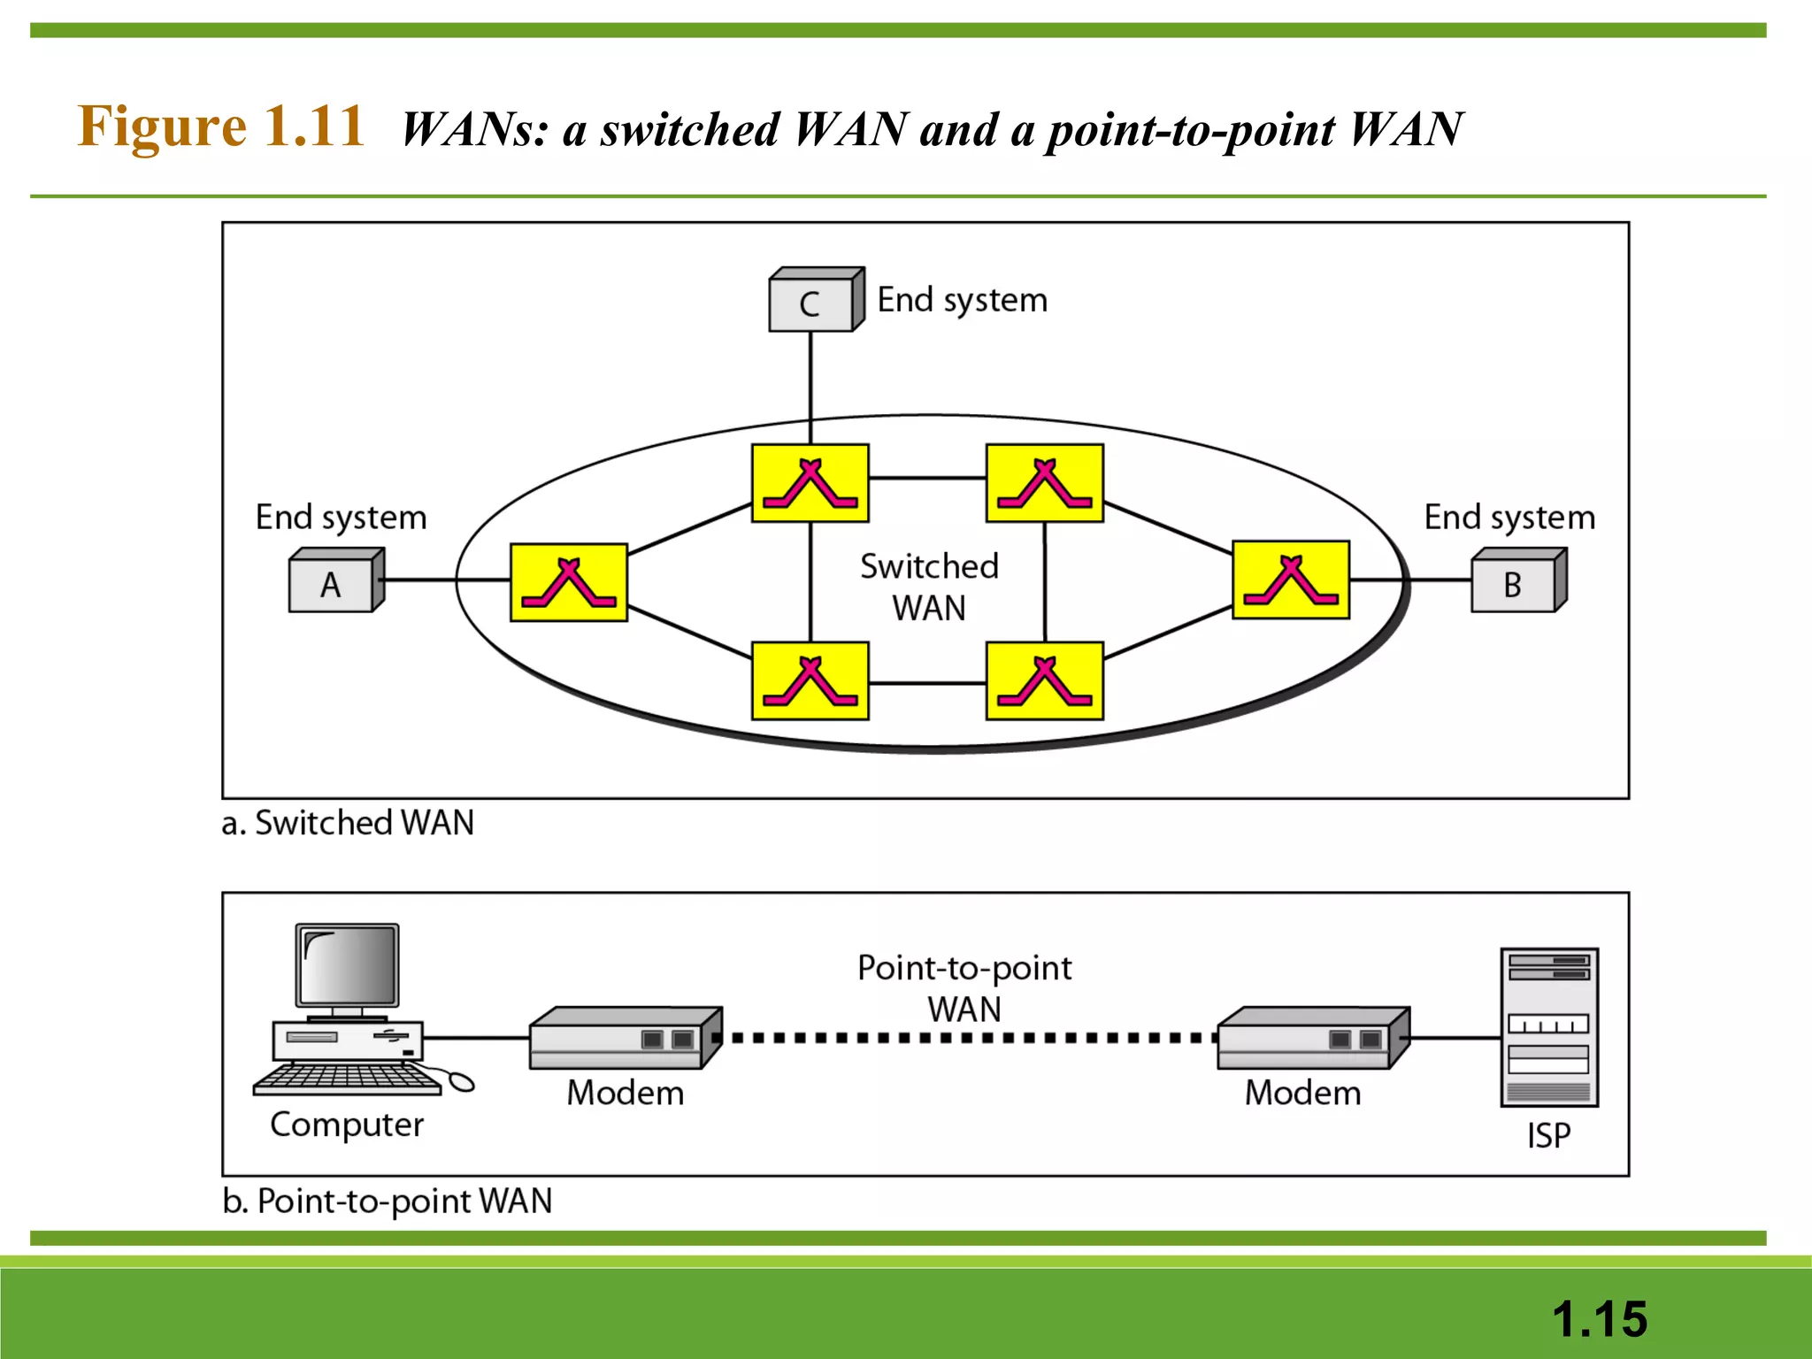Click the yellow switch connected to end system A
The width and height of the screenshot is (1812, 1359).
click(x=569, y=582)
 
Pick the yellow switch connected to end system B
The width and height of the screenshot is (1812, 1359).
click(x=1291, y=580)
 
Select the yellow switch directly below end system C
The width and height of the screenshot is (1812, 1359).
click(x=810, y=483)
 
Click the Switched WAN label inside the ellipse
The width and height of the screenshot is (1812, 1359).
click(x=929, y=587)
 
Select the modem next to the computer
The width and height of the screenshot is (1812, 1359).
click(x=625, y=1038)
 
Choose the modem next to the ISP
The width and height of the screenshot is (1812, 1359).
click(x=1312, y=1038)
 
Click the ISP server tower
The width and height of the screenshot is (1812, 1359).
click(x=1548, y=1027)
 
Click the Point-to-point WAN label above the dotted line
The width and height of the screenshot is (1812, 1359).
click(x=964, y=987)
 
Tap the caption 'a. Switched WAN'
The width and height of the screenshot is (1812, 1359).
click(x=348, y=823)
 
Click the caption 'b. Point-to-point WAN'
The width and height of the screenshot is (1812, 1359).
click(x=387, y=1201)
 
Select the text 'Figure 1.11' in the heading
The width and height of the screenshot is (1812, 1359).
click(x=220, y=126)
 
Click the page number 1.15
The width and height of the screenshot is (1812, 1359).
click(x=1599, y=1318)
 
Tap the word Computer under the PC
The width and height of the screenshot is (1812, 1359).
click(x=347, y=1125)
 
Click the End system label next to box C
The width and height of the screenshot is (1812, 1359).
click(x=962, y=300)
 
